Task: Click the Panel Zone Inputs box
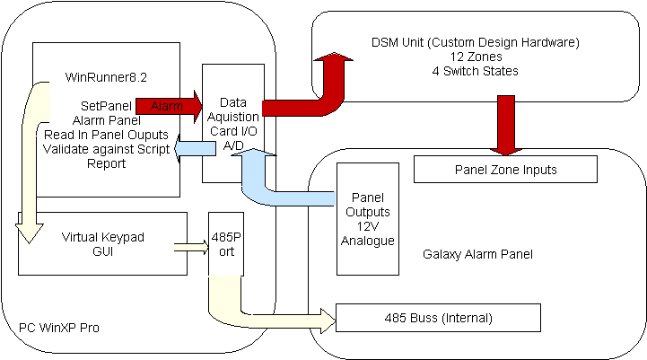click(x=504, y=169)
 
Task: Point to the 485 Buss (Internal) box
click(x=437, y=318)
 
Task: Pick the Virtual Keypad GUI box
click(x=102, y=244)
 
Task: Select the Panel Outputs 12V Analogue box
click(x=366, y=219)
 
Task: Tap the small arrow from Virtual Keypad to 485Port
click(x=189, y=244)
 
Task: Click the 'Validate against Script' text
click(x=106, y=149)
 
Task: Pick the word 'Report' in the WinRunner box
click(x=106, y=163)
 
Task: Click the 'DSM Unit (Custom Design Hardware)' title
click(x=476, y=42)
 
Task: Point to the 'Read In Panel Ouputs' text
click(x=106, y=135)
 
